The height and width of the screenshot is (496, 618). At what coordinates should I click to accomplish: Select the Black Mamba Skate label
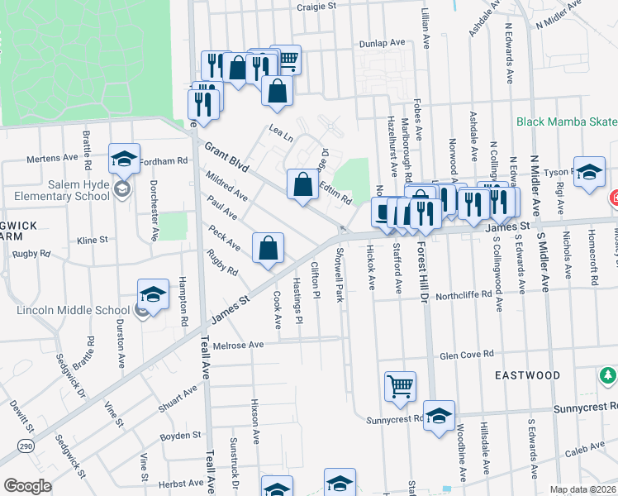coord(567,122)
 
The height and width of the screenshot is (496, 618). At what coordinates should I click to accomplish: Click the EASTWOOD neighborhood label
coord(527,375)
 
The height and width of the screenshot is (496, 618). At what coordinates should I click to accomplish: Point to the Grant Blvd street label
coord(227,160)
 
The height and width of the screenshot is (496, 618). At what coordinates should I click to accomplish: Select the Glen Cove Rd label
coord(467,353)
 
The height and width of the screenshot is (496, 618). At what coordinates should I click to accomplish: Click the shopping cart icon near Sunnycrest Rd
coord(400,386)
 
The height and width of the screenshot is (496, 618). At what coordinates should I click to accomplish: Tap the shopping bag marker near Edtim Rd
coord(302,184)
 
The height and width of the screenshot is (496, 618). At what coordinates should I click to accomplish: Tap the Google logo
coord(27,485)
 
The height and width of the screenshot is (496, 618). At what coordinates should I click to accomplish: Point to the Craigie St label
coord(317,6)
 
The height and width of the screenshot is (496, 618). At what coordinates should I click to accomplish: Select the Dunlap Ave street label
coord(382,43)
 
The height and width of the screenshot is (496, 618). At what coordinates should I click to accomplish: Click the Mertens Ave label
coord(52,158)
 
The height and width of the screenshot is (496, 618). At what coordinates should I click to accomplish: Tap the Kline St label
coord(92,240)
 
